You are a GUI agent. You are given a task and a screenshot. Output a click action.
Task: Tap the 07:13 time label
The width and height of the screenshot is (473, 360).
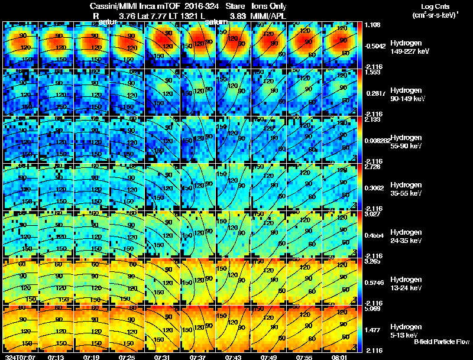(56, 356)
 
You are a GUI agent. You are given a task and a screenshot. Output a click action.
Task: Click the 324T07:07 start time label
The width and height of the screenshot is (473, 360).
(19, 356)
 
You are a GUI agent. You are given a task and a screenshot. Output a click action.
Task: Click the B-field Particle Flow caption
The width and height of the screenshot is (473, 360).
(442, 342)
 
